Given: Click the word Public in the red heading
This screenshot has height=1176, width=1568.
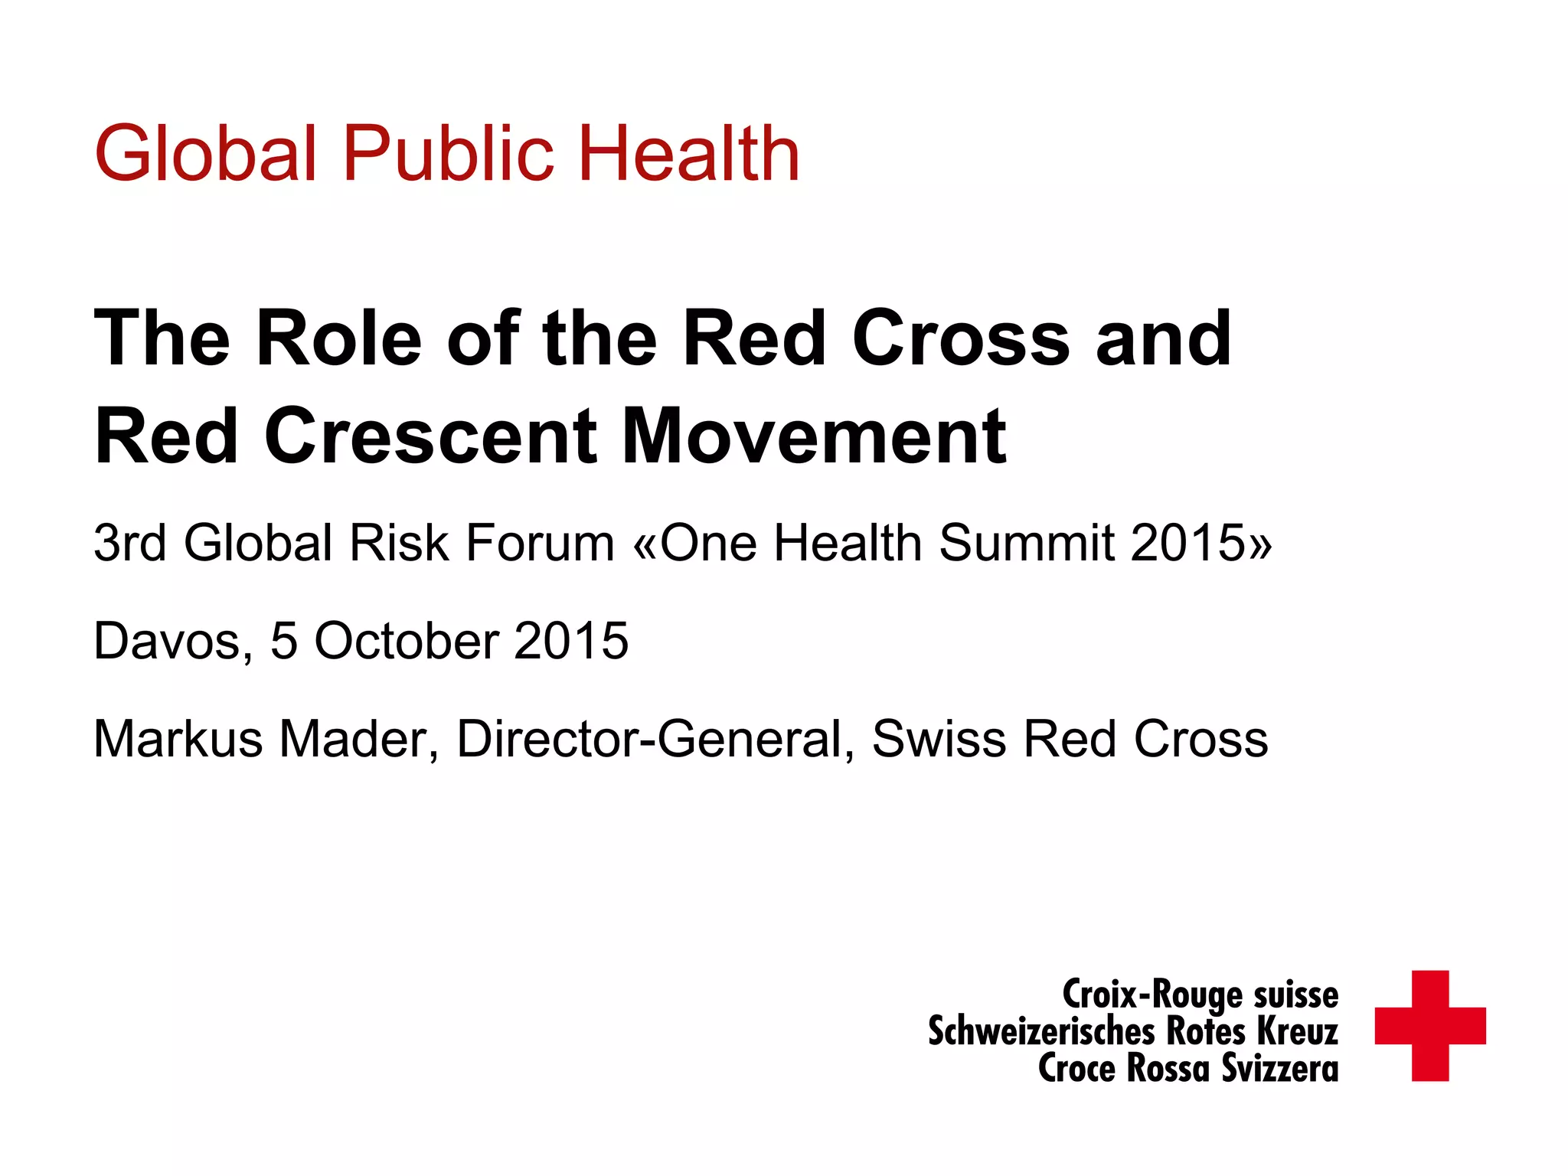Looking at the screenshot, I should click(x=448, y=155).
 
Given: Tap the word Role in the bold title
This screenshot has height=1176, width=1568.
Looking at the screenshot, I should click(x=338, y=338).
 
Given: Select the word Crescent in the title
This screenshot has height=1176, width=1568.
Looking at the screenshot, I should click(x=430, y=437).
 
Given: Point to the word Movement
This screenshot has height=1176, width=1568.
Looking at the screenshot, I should click(x=813, y=437).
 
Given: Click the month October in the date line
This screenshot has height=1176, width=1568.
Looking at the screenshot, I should click(x=407, y=641).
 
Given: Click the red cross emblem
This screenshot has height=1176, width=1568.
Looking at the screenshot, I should click(x=1429, y=1026).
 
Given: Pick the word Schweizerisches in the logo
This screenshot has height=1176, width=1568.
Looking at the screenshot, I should click(x=1040, y=1031).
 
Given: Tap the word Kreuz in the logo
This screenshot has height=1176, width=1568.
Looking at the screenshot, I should click(x=1297, y=1031).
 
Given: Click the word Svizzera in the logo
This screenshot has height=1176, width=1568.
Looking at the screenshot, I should click(x=1279, y=1069).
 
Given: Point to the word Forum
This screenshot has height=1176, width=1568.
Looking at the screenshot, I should click(x=541, y=543).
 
